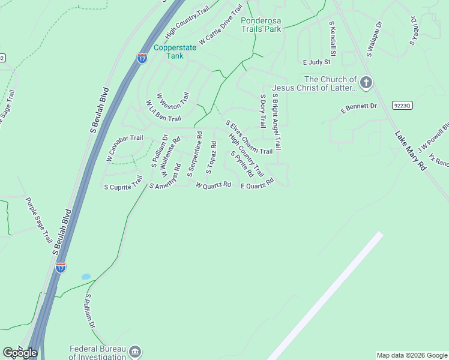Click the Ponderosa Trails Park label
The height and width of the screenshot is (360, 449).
pos(261,24)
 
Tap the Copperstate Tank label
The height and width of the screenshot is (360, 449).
pos(167,52)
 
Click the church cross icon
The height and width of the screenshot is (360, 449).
pos(366,82)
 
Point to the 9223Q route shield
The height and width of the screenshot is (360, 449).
pos(402,105)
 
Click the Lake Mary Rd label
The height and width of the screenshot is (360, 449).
pos(411,151)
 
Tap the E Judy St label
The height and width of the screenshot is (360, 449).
pos(317,62)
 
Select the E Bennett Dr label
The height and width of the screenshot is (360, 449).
pos(358,109)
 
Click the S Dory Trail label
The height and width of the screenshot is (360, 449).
pos(262,111)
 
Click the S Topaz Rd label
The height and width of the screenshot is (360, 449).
pos(211,158)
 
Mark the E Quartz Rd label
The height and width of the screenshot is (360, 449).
pos(257,184)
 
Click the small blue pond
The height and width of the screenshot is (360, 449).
pos(86,277)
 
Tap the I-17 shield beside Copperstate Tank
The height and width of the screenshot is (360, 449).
pos(142,58)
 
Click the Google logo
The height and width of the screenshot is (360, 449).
pos(20,353)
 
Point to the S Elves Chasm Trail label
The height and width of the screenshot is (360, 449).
pos(249,137)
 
